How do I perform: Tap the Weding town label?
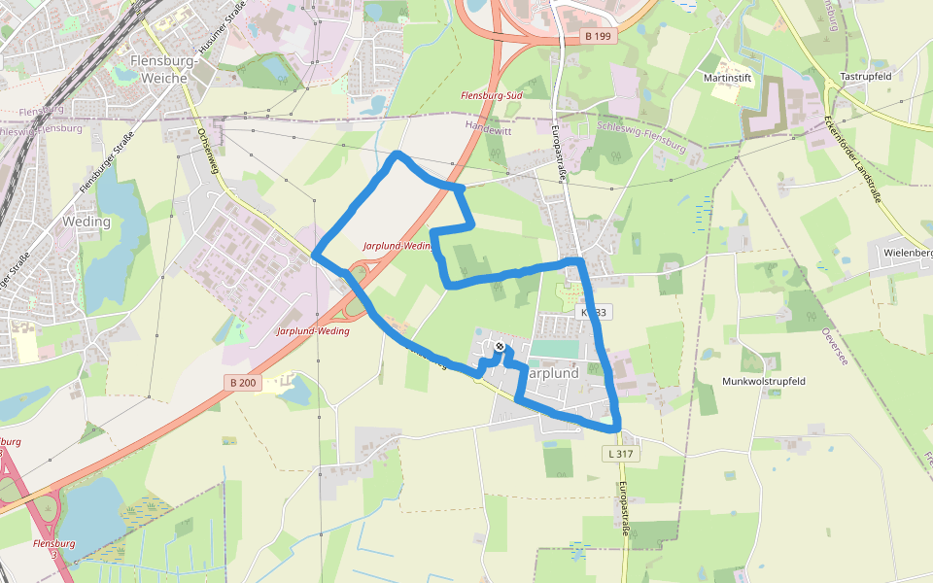tap(86, 222)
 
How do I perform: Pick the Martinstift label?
tap(725, 76)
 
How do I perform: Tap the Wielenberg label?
tap(907, 253)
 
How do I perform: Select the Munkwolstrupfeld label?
tap(765, 381)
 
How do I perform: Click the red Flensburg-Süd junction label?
tap(492, 95)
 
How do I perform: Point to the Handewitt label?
tap(488, 126)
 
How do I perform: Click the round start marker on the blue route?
tap(499, 346)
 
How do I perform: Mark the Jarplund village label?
tap(554, 373)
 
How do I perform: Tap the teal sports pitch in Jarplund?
tap(554, 348)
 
